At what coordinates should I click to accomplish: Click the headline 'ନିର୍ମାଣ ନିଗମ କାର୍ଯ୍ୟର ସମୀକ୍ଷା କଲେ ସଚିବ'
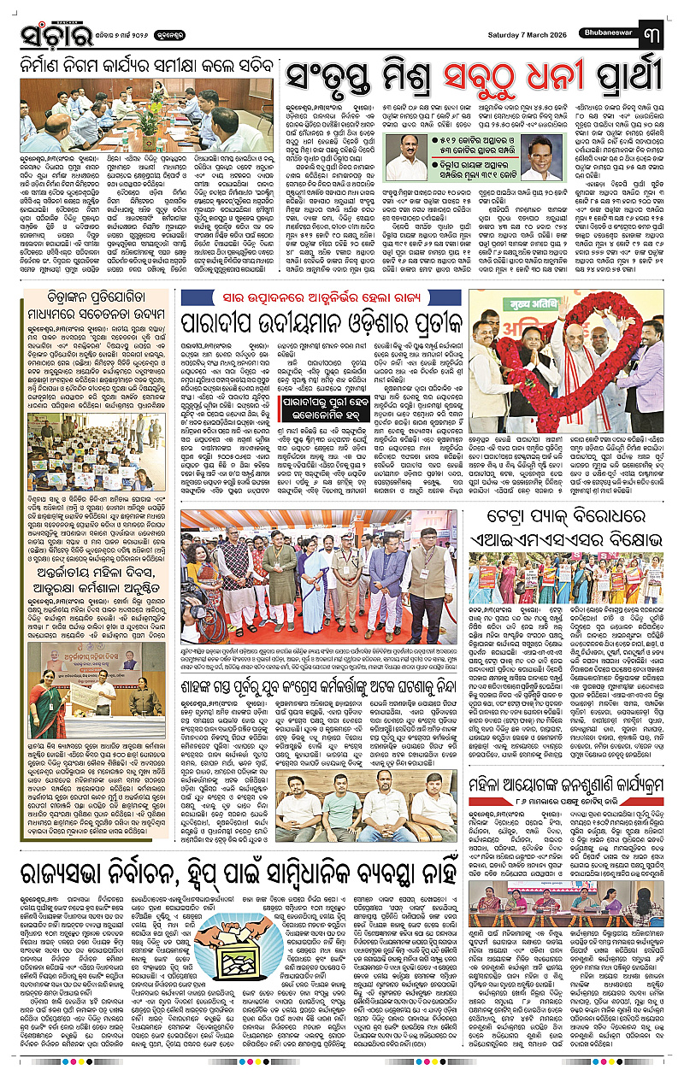pyautogui.click(x=146, y=66)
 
